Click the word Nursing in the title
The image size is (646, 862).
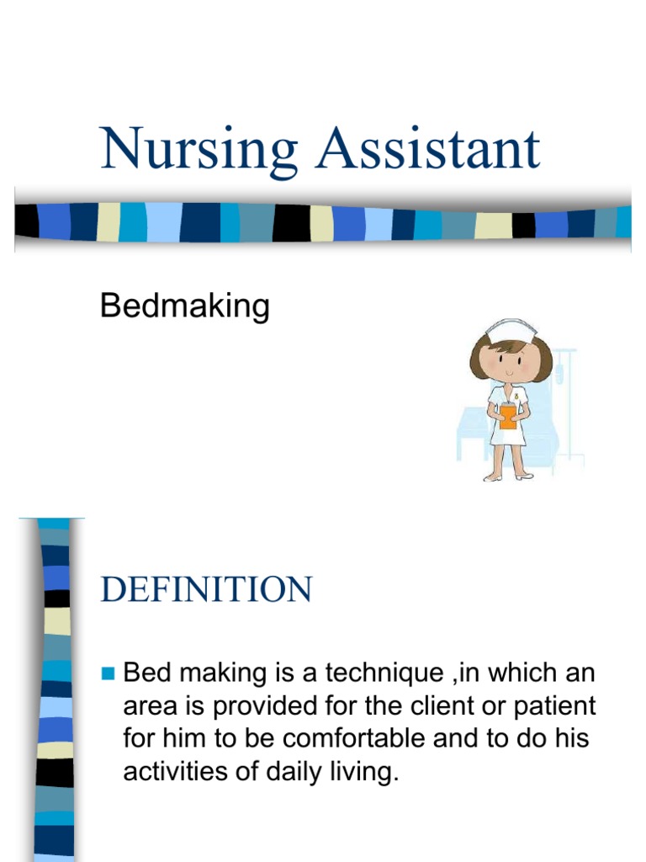[198, 151]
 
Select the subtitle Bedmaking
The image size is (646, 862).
[184, 306]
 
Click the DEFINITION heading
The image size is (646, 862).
[206, 589]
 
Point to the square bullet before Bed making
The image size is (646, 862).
[107, 672]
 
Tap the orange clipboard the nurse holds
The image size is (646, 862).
[508, 417]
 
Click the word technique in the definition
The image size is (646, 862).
[383, 673]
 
